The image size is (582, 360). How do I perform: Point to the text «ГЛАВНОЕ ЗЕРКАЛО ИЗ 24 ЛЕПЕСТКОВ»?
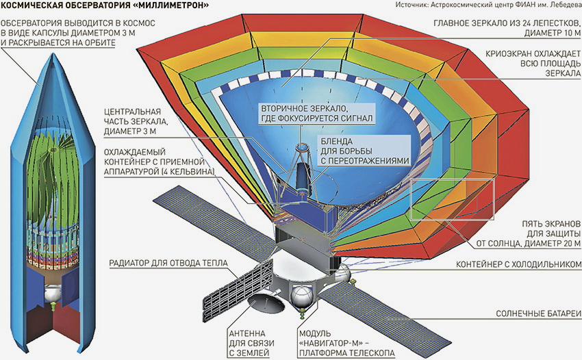[x=507, y=27]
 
